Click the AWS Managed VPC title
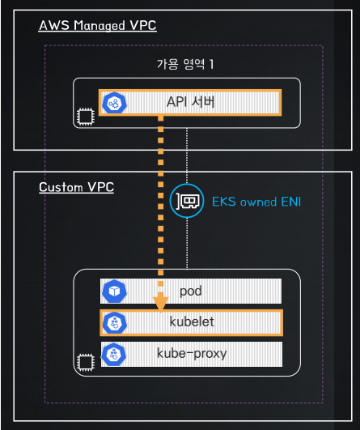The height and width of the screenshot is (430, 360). click(x=98, y=25)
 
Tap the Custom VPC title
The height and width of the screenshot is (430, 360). click(x=76, y=187)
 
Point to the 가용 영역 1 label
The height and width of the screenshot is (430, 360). click(x=185, y=64)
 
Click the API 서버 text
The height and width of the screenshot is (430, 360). click(x=191, y=102)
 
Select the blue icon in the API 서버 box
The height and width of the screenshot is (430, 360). click(x=114, y=103)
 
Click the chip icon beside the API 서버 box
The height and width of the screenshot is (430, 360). click(x=86, y=117)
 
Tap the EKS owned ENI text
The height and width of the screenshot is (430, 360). click(x=256, y=202)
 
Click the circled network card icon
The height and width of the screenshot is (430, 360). click(x=187, y=201)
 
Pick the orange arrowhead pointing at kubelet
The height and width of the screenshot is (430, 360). click(x=160, y=304)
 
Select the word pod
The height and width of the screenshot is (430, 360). click(x=191, y=291)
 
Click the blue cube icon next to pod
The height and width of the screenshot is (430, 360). click(x=114, y=292)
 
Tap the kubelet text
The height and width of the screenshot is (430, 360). click(x=192, y=321)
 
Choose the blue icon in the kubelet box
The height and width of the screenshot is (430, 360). click(x=115, y=323)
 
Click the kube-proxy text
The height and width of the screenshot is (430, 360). click(x=192, y=354)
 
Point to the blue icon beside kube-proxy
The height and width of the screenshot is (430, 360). click(x=114, y=354)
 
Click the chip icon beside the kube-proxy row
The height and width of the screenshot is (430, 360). click(x=86, y=362)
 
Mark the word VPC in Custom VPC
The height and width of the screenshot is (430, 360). click(x=101, y=187)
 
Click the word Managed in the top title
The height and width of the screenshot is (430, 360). click(x=100, y=26)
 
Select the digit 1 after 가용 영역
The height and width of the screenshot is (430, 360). click(x=211, y=64)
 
